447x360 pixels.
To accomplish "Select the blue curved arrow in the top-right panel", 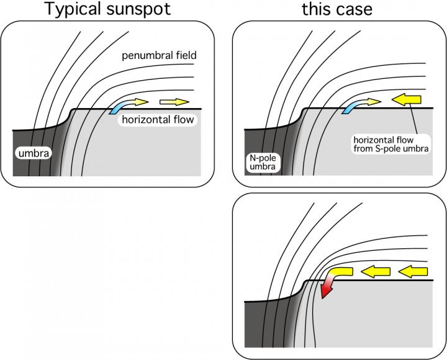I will pyautogui.click(x=351, y=107).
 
